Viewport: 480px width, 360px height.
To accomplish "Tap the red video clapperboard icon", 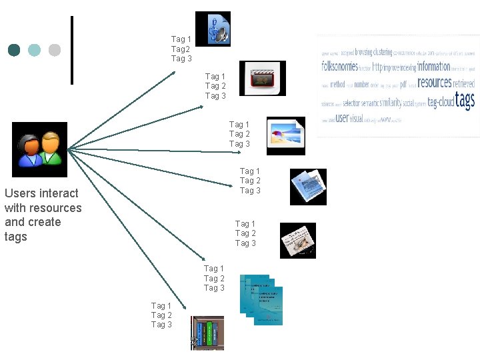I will click(x=263, y=78).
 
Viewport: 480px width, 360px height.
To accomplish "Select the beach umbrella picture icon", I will click(x=285, y=132).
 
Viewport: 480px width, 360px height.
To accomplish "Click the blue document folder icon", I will click(x=308, y=186).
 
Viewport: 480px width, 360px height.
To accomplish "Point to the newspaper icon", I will click(x=297, y=240).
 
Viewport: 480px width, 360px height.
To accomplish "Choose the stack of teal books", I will click(x=261, y=299).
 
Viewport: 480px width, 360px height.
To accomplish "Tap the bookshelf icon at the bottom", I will click(x=207, y=333).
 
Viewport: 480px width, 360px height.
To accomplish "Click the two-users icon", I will click(x=40, y=149).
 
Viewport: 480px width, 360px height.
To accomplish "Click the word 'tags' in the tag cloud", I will click(x=465, y=101).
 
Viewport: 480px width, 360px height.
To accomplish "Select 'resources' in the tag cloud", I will click(x=435, y=83).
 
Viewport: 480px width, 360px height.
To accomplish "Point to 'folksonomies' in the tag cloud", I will click(x=339, y=67).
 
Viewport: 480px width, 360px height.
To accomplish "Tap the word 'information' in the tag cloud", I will click(x=434, y=66).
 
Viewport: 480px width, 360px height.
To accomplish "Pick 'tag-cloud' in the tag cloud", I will click(x=441, y=103).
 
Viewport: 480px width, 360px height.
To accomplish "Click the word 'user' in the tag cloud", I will click(x=342, y=118).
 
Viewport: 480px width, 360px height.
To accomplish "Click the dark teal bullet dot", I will click(x=14, y=50).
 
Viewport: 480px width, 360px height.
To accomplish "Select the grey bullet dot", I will click(x=55, y=50).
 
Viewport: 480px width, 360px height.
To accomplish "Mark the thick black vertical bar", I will click(x=71, y=50).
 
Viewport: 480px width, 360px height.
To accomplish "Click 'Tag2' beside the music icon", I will click(x=181, y=49).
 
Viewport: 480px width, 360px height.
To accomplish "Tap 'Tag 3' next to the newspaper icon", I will click(x=245, y=243).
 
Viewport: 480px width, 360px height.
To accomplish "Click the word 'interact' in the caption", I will click(x=59, y=193).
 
